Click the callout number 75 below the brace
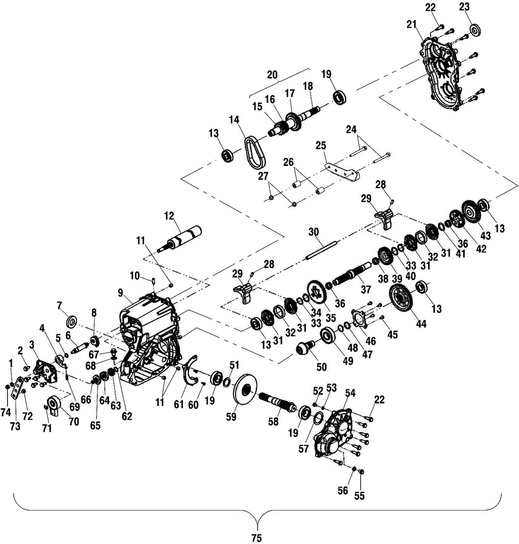(x=257, y=538)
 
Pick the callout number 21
(x=411, y=24)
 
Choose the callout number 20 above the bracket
(x=272, y=75)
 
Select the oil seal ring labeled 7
(x=71, y=322)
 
